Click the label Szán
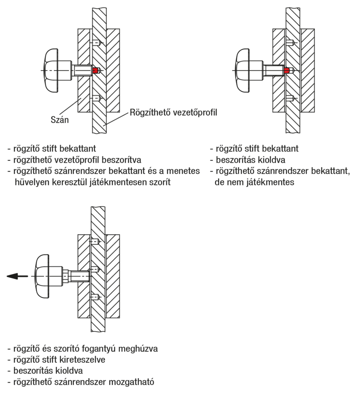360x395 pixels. click(60, 119)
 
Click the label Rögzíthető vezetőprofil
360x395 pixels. click(174, 112)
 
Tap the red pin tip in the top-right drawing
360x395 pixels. click(287, 70)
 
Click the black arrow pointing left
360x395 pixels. click(17, 276)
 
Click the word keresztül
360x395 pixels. click(69, 182)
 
